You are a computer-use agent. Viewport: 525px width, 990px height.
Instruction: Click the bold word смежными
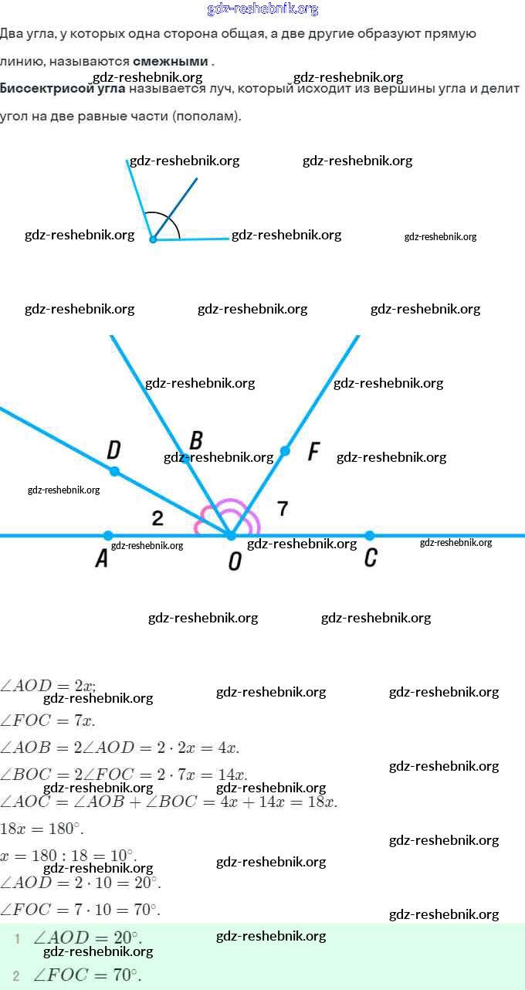pos(170,61)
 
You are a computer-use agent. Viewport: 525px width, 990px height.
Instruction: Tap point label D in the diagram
pos(113,449)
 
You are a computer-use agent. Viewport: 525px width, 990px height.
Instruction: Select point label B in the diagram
pos(196,440)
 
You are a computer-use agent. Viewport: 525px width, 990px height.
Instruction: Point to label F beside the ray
pos(313,452)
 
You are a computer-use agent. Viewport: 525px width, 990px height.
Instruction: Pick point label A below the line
pos(101,559)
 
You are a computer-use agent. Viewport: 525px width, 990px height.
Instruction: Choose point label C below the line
pos(371,558)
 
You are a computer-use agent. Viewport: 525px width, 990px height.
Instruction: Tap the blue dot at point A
pos(108,535)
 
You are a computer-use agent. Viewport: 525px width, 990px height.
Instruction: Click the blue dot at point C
pos(370,535)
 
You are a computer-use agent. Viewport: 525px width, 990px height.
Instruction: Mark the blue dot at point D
pos(114,471)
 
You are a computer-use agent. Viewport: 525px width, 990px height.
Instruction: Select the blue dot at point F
pos(285,451)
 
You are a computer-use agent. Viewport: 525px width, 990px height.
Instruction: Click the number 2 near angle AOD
pos(157,518)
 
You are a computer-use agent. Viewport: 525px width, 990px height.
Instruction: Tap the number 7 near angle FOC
pos(283,508)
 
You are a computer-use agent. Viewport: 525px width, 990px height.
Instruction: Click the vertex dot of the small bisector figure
pos(153,239)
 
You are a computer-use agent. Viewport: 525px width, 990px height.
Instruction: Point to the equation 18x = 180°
pos(42,829)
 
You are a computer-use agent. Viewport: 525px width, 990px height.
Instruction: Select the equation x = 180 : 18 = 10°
pos(68,855)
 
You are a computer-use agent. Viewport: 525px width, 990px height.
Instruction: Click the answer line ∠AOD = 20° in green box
pos(86,937)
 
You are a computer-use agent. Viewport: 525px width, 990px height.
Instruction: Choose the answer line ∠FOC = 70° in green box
pos(86,975)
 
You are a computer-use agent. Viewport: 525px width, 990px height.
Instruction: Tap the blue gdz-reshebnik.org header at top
pos(262,9)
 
